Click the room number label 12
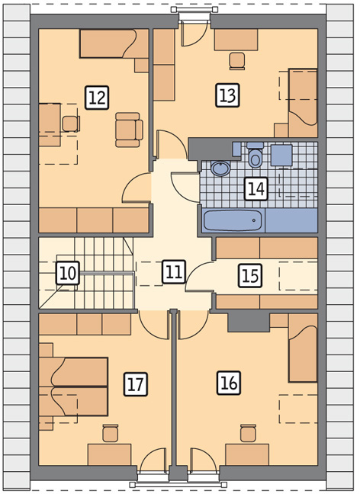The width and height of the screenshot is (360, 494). coord(97,98)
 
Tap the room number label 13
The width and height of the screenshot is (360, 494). coord(227,95)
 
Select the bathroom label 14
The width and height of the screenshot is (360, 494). coord(256,189)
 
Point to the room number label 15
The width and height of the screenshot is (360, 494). coord(250,276)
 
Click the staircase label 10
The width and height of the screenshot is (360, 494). coord(68,273)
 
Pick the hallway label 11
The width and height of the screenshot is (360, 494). coord(174,271)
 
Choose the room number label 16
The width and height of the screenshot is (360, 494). coord(229,383)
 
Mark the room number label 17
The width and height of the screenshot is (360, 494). coord(136,384)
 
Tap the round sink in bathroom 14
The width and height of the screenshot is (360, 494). coord(220,168)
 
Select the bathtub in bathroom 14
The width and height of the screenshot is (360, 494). coord(233,220)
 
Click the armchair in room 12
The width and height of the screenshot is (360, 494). coord(129,130)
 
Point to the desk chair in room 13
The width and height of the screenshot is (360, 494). coord(237,61)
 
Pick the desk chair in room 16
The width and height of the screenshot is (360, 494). coord(248,434)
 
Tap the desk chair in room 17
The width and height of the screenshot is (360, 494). coord(111,434)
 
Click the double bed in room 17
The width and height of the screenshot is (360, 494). coord(73,387)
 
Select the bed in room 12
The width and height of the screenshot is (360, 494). coord(114,43)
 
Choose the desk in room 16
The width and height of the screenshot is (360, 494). coord(247,454)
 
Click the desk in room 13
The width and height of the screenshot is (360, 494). coord(236,40)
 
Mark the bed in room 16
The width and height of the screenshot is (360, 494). coord(303,348)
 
